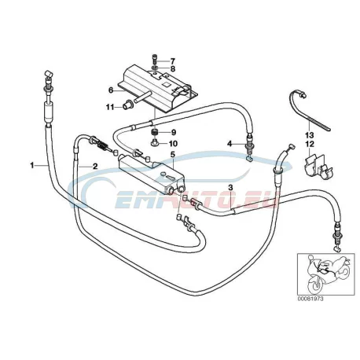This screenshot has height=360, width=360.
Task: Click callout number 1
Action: (32, 165)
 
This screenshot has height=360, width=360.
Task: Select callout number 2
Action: (95, 166)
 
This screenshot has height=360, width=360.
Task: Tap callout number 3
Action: (230, 188)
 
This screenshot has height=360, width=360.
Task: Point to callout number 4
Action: (230, 144)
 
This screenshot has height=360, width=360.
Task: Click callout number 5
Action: (172, 154)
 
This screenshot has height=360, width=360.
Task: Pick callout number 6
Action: (111, 90)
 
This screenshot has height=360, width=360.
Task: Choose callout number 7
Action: (172, 61)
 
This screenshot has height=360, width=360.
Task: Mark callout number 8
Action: (172, 69)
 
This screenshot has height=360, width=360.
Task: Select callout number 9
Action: (174, 133)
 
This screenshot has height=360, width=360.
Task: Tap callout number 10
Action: (173, 144)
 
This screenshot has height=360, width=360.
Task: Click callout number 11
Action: (110, 107)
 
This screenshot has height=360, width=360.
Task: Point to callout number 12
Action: (310, 144)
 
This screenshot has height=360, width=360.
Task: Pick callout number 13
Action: (310, 135)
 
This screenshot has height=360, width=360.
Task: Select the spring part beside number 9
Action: (155, 132)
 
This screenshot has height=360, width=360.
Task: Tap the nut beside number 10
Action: (154, 143)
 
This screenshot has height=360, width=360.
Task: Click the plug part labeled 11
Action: (128, 107)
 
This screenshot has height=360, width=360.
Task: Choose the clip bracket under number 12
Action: (318, 166)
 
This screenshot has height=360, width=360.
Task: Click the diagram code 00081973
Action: (310, 299)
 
